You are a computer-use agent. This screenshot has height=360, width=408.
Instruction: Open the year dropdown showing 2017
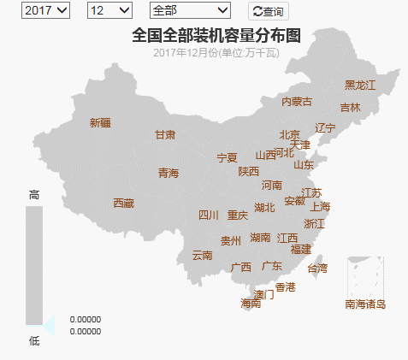pyautogui.click(x=46, y=10)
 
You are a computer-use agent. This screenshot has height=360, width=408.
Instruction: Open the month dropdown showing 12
pyautogui.click(x=109, y=10)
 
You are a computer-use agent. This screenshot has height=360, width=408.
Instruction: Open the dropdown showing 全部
pyautogui.click(x=189, y=10)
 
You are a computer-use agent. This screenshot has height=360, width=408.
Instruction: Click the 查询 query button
pyautogui.click(x=268, y=12)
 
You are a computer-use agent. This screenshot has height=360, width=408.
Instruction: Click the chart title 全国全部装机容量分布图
pyautogui.click(x=216, y=35)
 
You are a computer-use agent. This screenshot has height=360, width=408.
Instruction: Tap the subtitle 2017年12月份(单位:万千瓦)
pyautogui.click(x=216, y=53)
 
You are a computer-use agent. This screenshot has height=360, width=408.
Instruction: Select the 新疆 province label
pyautogui.click(x=100, y=122)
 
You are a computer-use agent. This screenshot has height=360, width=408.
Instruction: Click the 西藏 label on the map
pyautogui.click(x=124, y=204)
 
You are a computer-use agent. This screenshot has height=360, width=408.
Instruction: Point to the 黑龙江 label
pyautogui.click(x=360, y=85)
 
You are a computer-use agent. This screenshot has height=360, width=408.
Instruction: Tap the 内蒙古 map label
pyautogui.click(x=297, y=102)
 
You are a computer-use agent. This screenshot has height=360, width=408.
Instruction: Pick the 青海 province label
pyautogui.click(x=169, y=174)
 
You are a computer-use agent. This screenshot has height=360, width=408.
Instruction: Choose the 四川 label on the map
pyautogui.click(x=209, y=215)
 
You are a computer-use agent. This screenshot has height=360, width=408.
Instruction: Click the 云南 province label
pyautogui.click(x=202, y=255)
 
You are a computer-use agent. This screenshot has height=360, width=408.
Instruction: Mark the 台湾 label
pyautogui.click(x=316, y=268)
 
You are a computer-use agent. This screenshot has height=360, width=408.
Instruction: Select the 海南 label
pyautogui.click(x=251, y=304)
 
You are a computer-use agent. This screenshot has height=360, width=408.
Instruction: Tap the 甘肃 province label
pyautogui.click(x=165, y=135)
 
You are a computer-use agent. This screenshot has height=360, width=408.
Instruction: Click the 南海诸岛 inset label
pyautogui.click(x=365, y=304)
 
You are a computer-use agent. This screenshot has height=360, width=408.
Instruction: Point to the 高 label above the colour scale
pyautogui.click(x=34, y=195)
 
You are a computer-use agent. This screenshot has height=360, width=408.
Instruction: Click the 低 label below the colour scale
pyautogui.click(x=34, y=341)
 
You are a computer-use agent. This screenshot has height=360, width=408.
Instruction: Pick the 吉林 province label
pyautogui.click(x=350, y=108)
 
